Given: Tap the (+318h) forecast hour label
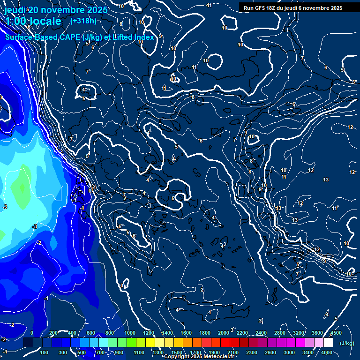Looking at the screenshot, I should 83,21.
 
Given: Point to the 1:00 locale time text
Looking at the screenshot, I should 33,21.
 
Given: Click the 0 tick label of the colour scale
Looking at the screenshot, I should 32,333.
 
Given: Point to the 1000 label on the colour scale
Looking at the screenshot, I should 130,333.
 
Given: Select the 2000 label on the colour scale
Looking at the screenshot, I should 224,333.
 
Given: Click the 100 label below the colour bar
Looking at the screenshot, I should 45,352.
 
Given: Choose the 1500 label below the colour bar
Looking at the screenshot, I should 176,352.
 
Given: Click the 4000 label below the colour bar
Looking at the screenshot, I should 327,352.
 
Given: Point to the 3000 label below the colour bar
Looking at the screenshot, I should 289,352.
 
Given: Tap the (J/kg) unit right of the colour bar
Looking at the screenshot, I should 346,344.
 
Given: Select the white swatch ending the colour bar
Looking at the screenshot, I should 328,343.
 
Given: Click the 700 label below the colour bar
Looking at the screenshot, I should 100,352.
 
